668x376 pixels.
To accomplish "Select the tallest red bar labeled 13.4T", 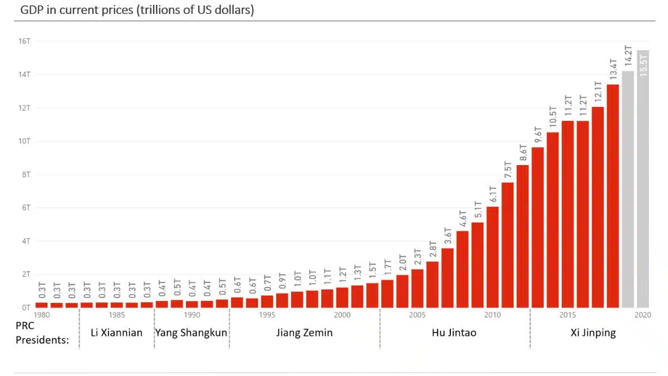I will click(x=613, y=195).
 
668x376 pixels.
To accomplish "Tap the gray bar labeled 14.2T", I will click(x=628, y=189).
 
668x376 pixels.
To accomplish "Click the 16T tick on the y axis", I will click(x=24, y=41).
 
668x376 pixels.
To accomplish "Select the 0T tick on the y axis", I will click(x=26, y=307).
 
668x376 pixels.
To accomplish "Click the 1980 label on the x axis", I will click(x=41, y=315).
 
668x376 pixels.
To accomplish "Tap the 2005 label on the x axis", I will click(x=417, y=315).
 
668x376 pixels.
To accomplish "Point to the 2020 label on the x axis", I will click(x=643, y=315).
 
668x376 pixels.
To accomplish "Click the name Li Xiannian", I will click(x=116, y=333).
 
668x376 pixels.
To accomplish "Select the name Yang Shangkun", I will click(x=191, y=333).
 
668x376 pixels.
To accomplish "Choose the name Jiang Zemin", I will click(x=304, y=333).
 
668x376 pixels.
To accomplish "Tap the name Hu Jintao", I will click(x=454, y=333).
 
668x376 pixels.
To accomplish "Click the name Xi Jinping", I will click(x=593, y=333).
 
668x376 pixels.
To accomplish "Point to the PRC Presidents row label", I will click(x=42, y=333).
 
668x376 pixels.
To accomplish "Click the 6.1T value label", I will click(x=493, y=194).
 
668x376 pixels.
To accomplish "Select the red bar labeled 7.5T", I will click(x=508, y=245).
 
